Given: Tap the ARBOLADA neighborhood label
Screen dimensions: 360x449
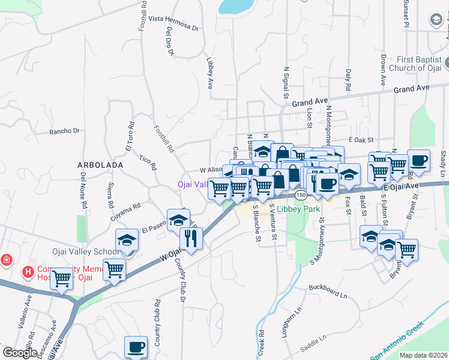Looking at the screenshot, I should (101, 164).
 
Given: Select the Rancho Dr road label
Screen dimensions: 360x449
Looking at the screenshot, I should (64, 131).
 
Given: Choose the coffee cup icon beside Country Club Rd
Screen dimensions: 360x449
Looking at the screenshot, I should (136, 346).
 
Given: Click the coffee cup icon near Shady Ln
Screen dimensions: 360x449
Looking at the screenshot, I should (418, 160).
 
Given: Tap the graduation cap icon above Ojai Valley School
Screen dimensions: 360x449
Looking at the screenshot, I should (127, 239).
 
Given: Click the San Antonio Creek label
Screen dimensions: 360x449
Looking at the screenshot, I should (397, 341).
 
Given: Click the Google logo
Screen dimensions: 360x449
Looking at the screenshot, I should (19, 353).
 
